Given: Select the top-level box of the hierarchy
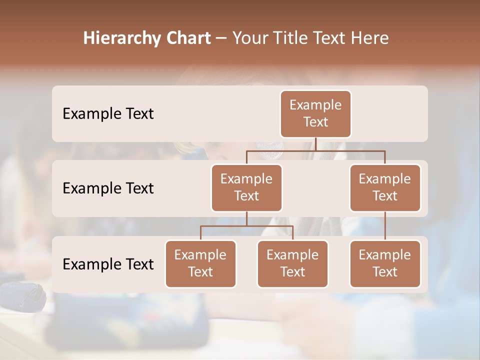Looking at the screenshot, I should point(315,114).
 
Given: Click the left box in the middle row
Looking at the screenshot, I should point(246,188).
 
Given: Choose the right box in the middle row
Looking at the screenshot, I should point(385,188).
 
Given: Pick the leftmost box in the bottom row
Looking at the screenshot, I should point(200,264).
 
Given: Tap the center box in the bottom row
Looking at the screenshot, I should point(292,264).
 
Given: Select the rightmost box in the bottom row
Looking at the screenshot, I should point(385,264).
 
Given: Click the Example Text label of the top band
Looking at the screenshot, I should point(108,114).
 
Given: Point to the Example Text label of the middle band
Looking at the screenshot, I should point(108,188).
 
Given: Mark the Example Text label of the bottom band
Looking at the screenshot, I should point(108,264).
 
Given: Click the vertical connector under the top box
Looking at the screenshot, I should point(315,144).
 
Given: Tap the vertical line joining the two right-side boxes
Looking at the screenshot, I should point(385,226).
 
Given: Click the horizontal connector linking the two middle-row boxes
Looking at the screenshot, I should point(315,150).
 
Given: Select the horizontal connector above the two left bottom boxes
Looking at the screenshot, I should point(246,226).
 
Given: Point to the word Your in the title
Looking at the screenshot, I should point(248,38).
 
